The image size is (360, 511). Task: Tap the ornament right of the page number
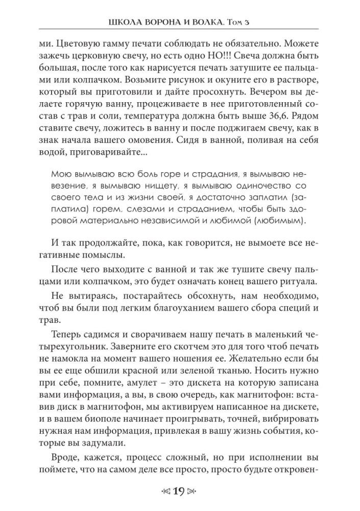coord(193,493)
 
